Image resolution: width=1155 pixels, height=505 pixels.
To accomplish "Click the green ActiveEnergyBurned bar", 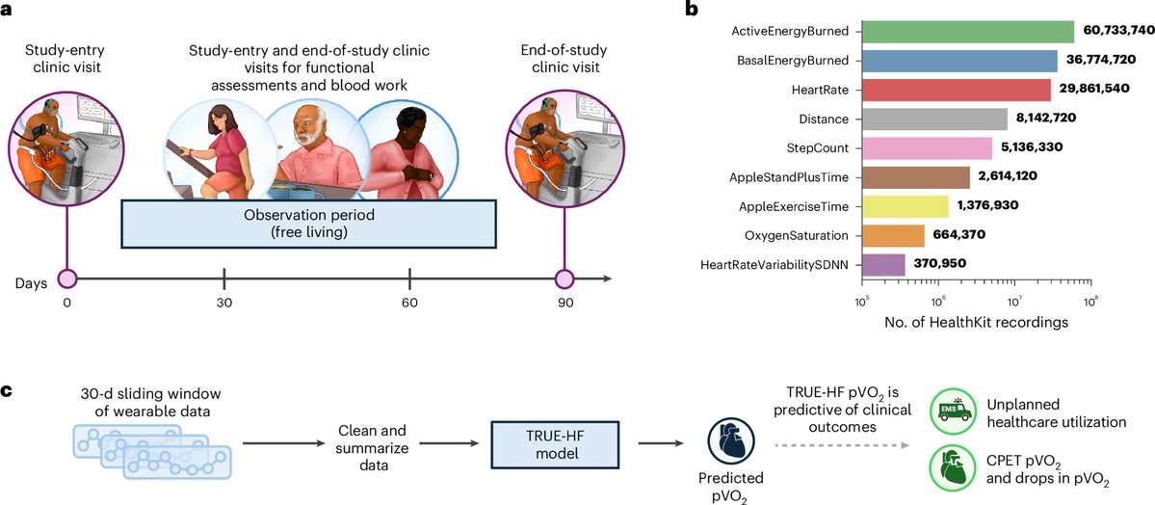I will (967, 32).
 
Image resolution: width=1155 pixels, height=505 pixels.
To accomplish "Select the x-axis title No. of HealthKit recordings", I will (975, 323).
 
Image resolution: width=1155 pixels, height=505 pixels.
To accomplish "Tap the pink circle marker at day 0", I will (67, 279).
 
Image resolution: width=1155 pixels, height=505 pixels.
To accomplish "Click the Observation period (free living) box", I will (308, 225).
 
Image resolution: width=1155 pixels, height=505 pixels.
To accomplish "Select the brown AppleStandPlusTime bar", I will (916, 178).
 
